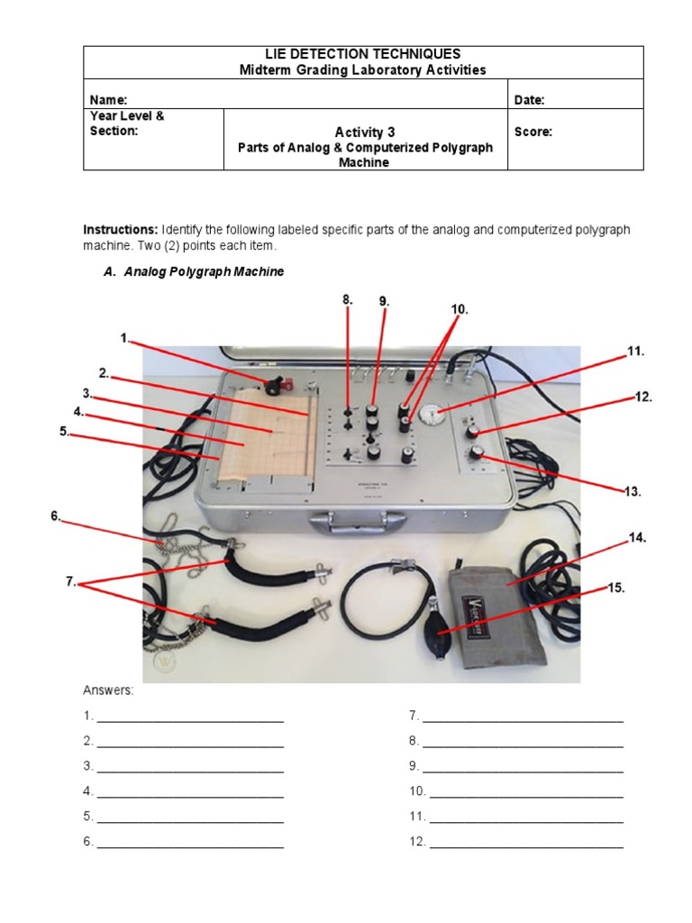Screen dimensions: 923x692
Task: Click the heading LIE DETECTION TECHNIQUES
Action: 364,55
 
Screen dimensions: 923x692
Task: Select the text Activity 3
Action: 365,132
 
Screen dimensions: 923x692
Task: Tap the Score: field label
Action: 533,132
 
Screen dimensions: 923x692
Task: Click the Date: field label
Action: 529,100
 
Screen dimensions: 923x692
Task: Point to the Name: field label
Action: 108,100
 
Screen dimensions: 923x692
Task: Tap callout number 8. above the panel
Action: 347,299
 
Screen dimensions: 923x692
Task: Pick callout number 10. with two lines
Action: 460,308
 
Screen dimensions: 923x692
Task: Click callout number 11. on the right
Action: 635,352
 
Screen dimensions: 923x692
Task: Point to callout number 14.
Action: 637,537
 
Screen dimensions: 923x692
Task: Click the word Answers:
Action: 108,690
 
